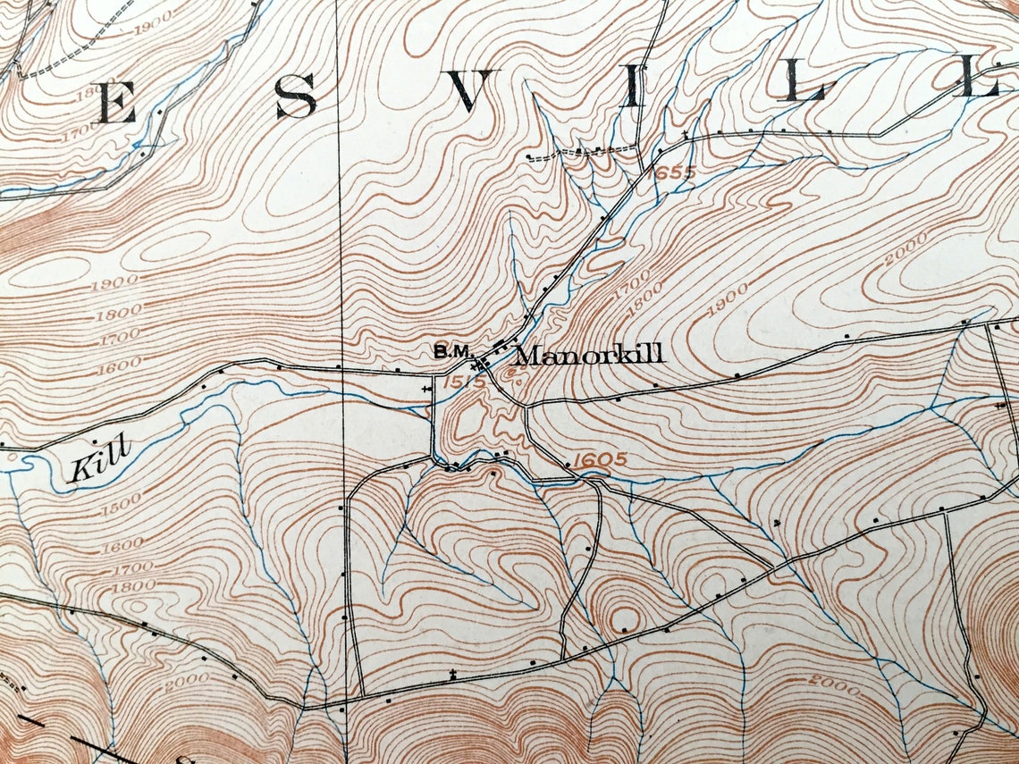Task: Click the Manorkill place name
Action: pos(590,355)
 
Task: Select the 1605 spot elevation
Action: pos(597,461)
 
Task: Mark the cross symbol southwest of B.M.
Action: pos(425,390)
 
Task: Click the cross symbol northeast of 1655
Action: pos(686,135)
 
